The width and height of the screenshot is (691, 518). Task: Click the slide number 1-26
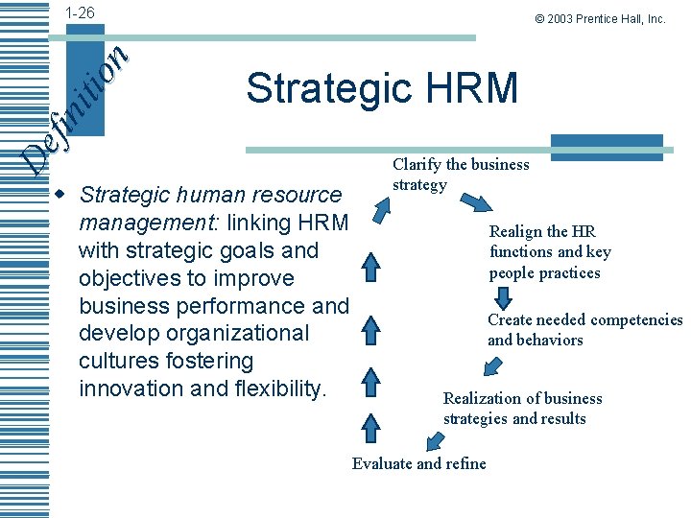pos(80,12)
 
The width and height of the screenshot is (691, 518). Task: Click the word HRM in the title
pos(470,88)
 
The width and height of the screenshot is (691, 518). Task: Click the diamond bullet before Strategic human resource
pos(62,195)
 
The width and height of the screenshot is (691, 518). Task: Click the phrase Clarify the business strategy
pos(461,174)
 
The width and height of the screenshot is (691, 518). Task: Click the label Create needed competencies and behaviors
pos(584,330)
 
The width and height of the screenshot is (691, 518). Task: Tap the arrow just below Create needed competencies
pos(493,365)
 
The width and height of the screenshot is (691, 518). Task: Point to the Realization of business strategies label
pos(522,408)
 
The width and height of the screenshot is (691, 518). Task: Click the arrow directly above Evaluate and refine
pos(435,440)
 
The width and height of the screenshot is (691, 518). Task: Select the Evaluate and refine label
pos(418,463)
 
